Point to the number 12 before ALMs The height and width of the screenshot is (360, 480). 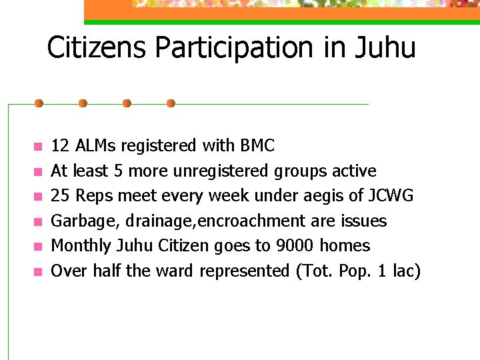tap(60, 145)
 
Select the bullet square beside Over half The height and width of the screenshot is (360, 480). tap(38, 271)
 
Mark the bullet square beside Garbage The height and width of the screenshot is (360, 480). tap(38, 221)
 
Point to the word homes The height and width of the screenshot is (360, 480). tap(345, 245)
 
